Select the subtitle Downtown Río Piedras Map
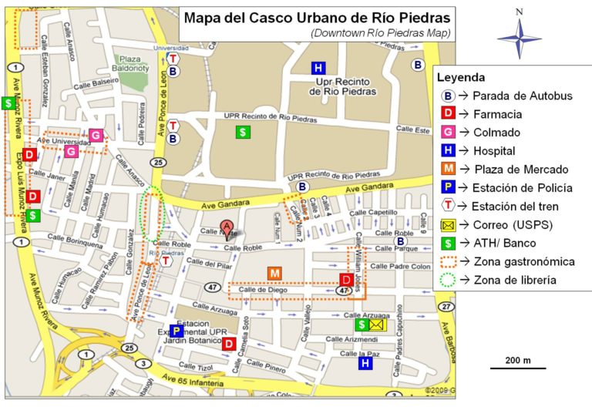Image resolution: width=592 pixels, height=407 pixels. [381, 32]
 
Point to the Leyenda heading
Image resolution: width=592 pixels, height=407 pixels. [459, 78]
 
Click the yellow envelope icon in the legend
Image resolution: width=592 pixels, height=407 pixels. [447, 225]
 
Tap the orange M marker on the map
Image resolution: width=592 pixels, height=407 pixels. [274, 273]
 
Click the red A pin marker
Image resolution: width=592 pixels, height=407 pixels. [227, 227]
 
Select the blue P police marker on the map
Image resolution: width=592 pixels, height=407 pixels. [177, 331]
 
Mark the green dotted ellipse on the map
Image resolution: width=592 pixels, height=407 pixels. [152, 212]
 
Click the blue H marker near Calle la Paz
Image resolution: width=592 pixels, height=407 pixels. [365, 362]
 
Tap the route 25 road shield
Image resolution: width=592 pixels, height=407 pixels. [158, 162]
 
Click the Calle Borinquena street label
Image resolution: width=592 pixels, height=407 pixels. [75, 243]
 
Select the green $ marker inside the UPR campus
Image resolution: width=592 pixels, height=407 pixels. [243, 132]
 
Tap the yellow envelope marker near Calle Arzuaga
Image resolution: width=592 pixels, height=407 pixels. [375, 325]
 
